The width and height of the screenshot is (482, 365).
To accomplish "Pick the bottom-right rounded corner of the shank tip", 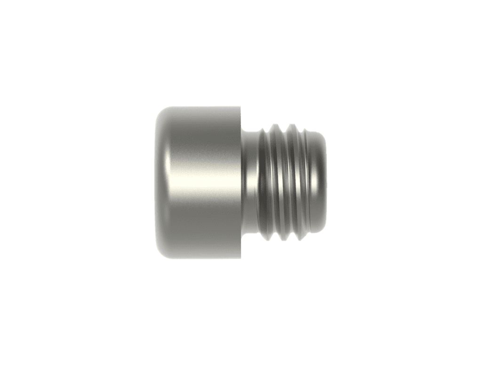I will (322, 231).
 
